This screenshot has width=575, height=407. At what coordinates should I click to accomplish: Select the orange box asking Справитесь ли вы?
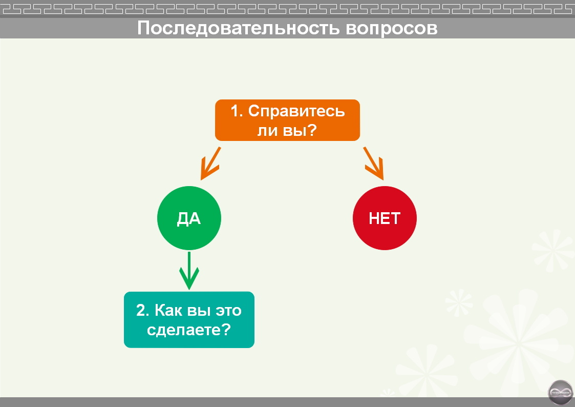[x=287, y=120]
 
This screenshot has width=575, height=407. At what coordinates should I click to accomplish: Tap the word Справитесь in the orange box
[x=296, y=111]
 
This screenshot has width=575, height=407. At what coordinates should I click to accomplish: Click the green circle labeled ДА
[x=189, y=218]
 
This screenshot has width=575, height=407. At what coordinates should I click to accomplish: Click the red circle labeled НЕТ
[x=385, y=218]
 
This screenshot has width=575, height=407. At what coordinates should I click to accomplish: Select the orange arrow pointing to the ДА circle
[x=210, y=164]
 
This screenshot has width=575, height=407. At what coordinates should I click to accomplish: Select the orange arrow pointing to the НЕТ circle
[x=374, y=164]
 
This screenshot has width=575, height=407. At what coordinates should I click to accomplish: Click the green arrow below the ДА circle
[x=189, y=271]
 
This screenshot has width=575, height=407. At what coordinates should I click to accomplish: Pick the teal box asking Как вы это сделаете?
[x=189, y=320]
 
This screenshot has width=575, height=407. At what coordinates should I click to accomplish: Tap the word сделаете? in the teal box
[x=188, y=330]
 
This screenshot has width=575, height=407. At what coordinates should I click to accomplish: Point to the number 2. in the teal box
[x=142, y=311]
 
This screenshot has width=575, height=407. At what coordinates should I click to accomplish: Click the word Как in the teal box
[x=167, y=311]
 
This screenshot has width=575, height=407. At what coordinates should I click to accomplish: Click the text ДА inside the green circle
[x=189, y=219]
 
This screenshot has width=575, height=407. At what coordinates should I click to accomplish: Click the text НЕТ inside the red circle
[x=385, y=219]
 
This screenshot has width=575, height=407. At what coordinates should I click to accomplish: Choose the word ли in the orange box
[x=267, y=130]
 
